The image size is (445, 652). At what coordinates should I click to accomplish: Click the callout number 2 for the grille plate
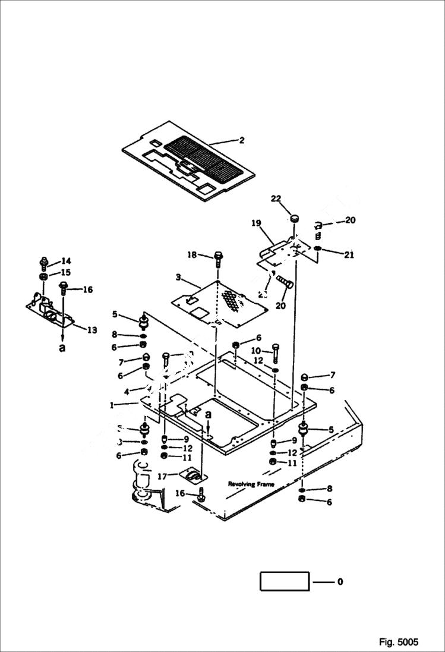coord(242,141)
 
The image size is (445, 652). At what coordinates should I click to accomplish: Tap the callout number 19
coord(256,223)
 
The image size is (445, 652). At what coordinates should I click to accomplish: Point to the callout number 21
coord(349,255)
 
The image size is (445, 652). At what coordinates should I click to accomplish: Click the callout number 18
coord(191,255)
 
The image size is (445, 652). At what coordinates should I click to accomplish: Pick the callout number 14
coord(65,261)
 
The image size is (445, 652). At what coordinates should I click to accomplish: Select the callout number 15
coord(65,272)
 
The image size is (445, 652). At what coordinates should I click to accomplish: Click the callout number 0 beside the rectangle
coord(340,582)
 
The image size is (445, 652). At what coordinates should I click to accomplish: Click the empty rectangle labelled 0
coord(285,581)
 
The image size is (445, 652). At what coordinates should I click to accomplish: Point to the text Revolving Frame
coord(251,484)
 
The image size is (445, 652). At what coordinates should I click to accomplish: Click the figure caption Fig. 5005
coord(399,642)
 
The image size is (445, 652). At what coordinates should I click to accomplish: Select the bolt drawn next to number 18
coord(217,259)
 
